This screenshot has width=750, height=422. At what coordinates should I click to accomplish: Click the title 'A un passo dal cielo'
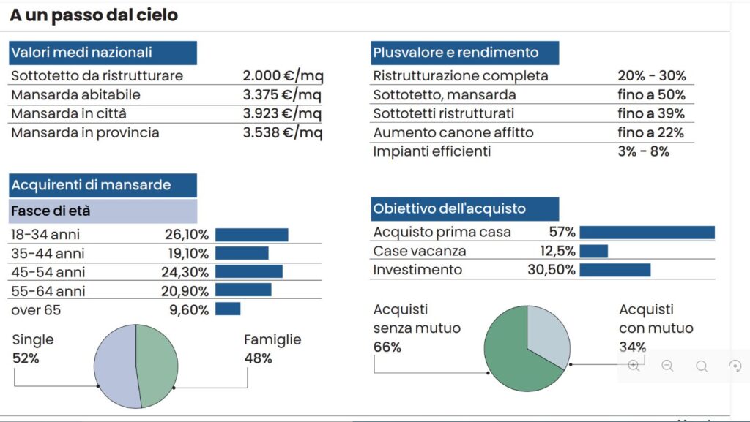tap(94, 15)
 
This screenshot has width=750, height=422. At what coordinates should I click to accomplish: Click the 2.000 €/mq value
tap(283, 76)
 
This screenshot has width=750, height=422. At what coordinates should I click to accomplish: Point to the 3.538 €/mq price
tap(283, 133)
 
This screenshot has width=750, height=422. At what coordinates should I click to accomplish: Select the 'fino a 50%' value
tap(651, 95)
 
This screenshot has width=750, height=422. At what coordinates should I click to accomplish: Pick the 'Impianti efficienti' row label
tap(431, 152)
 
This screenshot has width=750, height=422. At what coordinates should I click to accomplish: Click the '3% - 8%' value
tap(643, 152)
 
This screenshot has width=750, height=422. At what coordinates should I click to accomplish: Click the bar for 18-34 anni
tap(251, 235)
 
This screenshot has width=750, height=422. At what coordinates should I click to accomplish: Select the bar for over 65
tap(228, 309)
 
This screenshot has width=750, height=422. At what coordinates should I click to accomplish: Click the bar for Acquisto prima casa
tap(647, 233)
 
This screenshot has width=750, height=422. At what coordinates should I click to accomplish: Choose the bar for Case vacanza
tap(593, 252)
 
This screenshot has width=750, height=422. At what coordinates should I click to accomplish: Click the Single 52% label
tap(33, 350)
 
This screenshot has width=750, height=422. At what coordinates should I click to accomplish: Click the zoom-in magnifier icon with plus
tap(634, 366)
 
